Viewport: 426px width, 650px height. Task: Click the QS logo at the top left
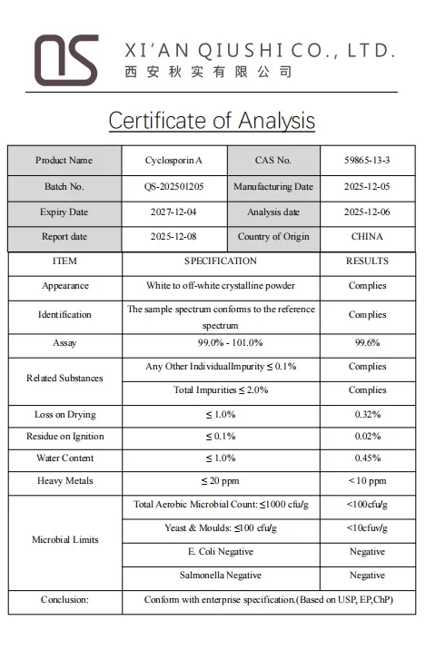click(x=65, y=60)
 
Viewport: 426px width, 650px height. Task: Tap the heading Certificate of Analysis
click(x=212, y=121)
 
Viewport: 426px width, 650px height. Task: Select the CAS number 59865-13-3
click(x=367, y=161)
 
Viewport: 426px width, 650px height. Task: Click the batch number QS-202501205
click(x=173, y=187)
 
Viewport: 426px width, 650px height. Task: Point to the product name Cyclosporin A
click(x=173, y=161)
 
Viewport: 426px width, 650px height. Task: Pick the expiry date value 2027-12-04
click(x=173, y=212)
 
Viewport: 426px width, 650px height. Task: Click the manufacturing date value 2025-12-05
click(x=367, y=187)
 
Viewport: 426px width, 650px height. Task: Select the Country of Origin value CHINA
click(x=367, y=237)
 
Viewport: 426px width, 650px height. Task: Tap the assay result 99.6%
click(x=367, y=343)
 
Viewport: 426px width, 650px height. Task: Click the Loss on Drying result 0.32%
click(x=367, y=415)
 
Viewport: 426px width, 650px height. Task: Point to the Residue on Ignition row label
click(x=64, y=437)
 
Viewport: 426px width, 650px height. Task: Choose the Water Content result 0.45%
click(x=367, y=458)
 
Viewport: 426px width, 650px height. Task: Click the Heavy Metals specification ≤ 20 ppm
click(x=221, y=481)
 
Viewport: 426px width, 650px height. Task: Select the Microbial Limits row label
click(x=64, y=540)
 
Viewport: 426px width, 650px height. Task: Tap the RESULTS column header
click(x=367, y=261)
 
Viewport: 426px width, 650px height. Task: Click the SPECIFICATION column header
click(x=221, y=261)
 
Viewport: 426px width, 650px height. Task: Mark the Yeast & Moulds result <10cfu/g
click(x=367, y=528)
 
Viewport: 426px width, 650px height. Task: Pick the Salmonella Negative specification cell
click(x=221, y=576)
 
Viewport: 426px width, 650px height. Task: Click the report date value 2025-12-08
click(x=173, y=237)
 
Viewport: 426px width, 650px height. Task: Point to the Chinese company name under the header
click(x=208, y=73)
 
